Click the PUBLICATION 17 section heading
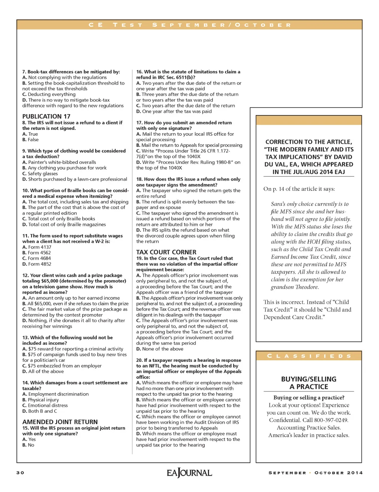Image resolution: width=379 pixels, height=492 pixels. click(46, 117)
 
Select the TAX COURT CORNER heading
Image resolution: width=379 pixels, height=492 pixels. click(166, 252)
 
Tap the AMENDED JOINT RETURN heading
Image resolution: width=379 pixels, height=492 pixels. click(60, 422)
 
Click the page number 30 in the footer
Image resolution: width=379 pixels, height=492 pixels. click(20, 473)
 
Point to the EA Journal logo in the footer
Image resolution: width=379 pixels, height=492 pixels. click(189, 473)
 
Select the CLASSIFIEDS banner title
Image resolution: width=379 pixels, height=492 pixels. click(309, 356)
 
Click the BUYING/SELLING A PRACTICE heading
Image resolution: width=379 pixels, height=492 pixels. click(309, 383)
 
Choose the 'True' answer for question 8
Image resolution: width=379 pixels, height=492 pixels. click(33, 134)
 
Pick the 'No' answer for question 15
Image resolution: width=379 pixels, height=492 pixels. click(31, 445)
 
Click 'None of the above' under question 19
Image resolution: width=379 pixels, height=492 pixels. click(162, 349)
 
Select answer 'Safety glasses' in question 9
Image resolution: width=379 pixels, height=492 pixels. click(43, 173)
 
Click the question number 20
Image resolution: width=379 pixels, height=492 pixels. click(139, 360)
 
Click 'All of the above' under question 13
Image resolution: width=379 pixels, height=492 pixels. click(46, 371)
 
